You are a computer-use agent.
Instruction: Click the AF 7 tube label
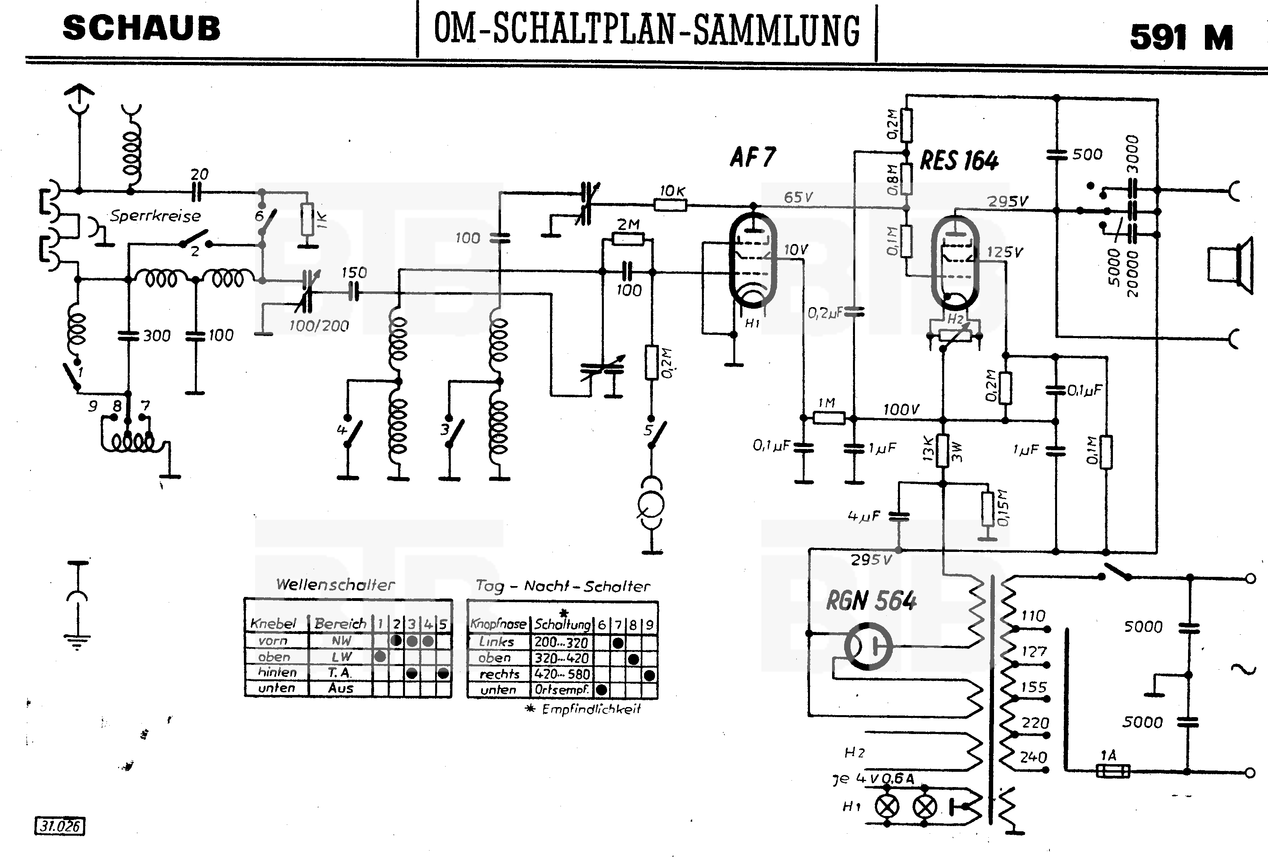pos(753,158)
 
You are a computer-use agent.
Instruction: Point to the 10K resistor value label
pos(672,191)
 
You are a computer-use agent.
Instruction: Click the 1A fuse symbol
pos(1113,771)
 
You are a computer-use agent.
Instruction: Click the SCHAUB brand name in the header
pos(142,29)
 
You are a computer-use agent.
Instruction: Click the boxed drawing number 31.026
pos(60,826)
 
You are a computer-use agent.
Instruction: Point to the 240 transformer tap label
pos(1033,757)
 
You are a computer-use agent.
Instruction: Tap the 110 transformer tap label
pos(1033,616)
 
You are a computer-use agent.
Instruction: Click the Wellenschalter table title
pos(335,584)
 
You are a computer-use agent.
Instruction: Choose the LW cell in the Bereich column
pos(342,657)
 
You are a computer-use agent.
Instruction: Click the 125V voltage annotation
pos(1004,252)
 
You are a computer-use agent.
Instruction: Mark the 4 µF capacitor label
pos(864,516)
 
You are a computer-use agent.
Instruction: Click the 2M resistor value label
pos(628,224)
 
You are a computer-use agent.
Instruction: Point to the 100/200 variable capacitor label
pos(319,326)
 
